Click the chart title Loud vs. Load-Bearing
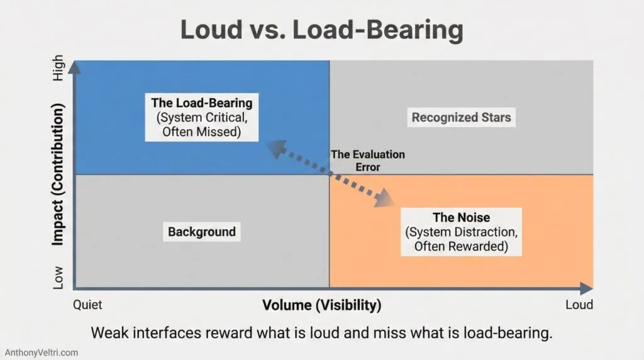tap(321, 30)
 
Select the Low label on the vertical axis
tap(58, 277)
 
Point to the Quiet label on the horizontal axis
tap(87, 305)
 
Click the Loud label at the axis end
tap(579, 305)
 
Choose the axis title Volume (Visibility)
tap(321, 306)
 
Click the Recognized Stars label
tap(461, 117)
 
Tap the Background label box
tap(201, 232)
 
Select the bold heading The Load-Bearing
tap(201, 103)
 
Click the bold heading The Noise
tap(462, 218)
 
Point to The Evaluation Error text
tap(368, 160)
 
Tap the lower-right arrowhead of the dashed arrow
tap(382, 201)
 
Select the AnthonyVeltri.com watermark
tap(42, 352)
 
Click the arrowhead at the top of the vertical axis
tap(75, 65)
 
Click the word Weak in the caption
tap(108, 333)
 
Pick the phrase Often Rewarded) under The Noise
tap(461, 246)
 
